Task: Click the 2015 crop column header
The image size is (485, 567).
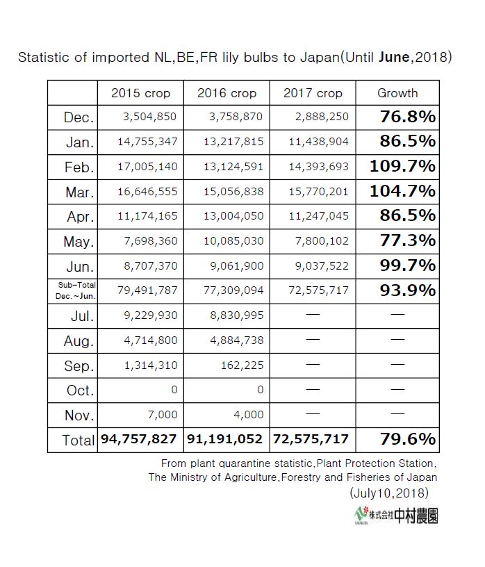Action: point(140,93)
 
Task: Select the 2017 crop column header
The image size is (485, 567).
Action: point(313,93)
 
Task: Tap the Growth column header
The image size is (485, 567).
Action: point(397,93)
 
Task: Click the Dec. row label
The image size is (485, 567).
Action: point(79,117)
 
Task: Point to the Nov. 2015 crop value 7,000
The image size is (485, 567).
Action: point(164,414)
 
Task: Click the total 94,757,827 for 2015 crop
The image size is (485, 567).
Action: point(140,439)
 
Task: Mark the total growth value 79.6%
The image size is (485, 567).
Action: point(408,439)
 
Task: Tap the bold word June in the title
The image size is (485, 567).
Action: point(394,58)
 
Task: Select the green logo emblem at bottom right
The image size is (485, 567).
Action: point(360,515)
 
